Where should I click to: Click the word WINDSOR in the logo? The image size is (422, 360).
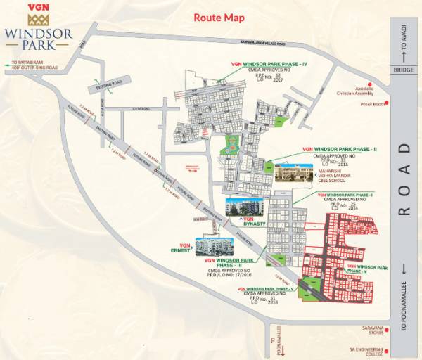pos(37,32)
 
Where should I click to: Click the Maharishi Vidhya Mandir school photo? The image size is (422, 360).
pos(291,173)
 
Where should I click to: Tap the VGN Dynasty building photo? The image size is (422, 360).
pos(241,205)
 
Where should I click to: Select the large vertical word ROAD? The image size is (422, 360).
pos(404,179)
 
